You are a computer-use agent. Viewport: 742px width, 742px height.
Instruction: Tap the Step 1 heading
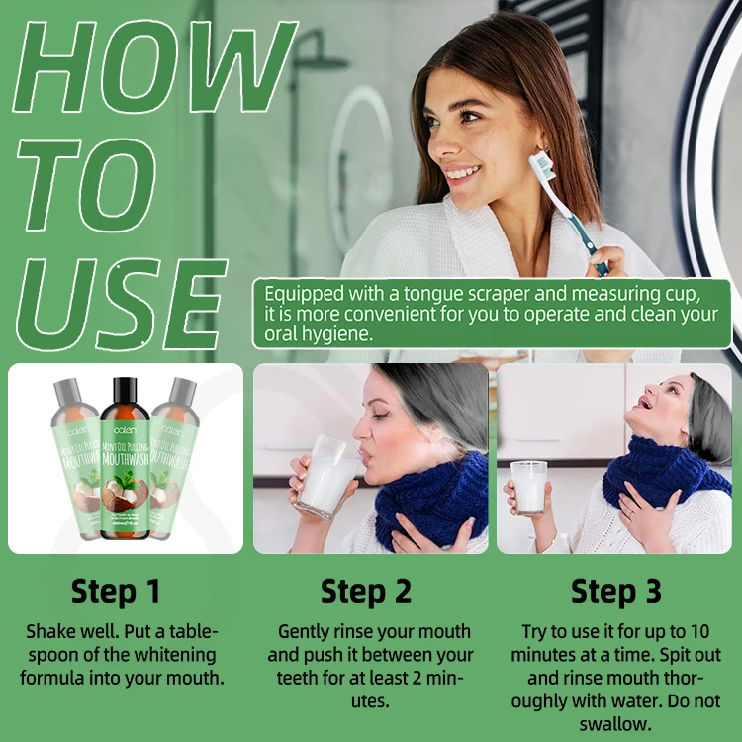pos(116,591)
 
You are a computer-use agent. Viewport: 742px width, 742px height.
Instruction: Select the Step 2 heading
pos(366,591)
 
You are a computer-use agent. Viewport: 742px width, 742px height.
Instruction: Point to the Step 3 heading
pos(616,591)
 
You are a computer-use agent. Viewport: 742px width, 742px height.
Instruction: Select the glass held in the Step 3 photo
pos(529,487)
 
